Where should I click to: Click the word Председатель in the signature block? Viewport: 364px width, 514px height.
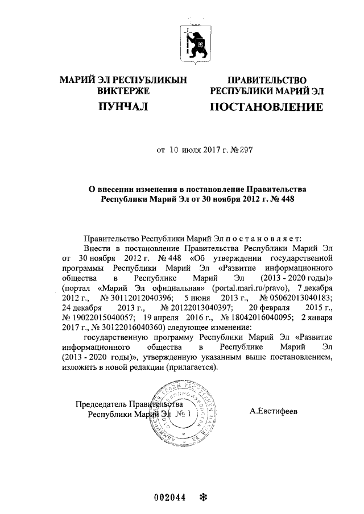pyautogui.click(x=101, y=404)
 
